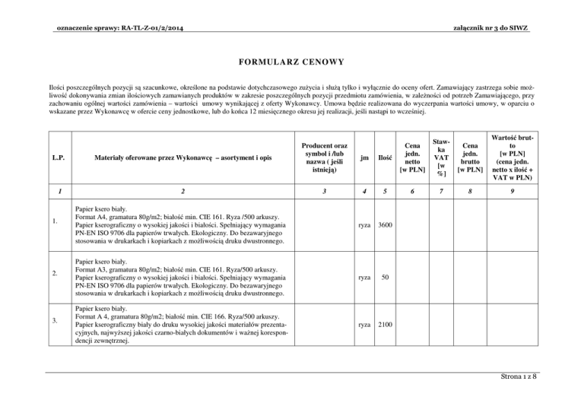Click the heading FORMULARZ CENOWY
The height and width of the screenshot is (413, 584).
click(291, 60)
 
